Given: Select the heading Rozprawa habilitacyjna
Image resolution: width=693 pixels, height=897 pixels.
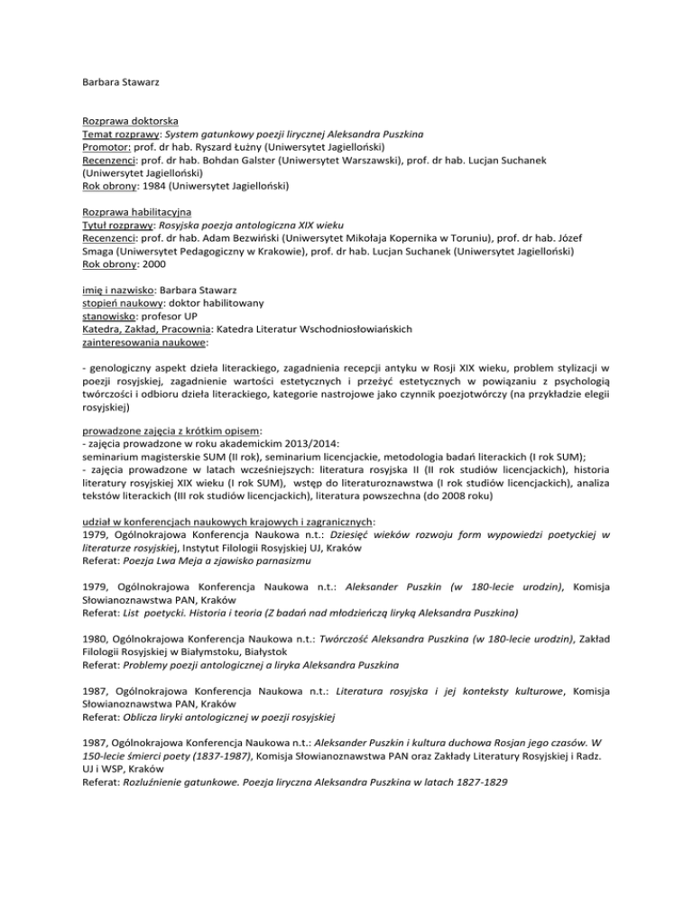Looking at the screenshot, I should [133, 210].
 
